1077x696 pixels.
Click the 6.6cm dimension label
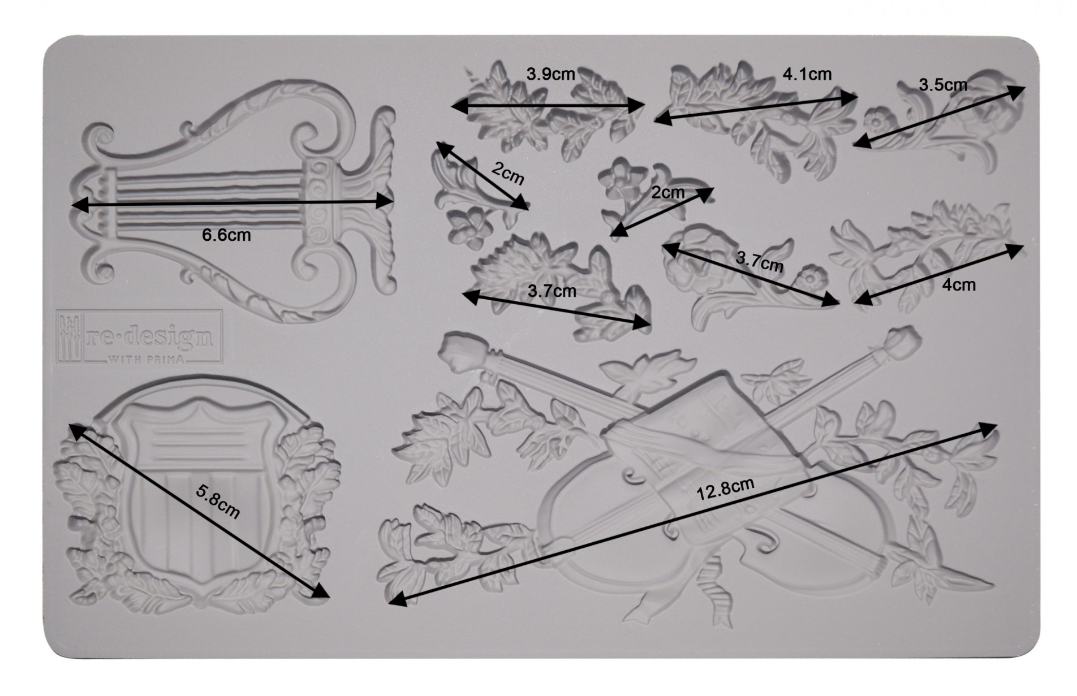[226, 235]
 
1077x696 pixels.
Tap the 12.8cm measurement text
[725, 489]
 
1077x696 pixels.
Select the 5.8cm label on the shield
[218, 502]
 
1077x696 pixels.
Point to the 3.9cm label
[550, 74]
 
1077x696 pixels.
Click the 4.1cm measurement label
[807, 74]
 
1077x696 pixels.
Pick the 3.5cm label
[943, 85]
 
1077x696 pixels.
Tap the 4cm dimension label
[959, 285]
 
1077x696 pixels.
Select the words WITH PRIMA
[146, 359]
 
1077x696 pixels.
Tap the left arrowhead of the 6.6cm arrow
[79, 205]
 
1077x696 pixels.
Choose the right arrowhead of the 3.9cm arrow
[637, 105]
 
